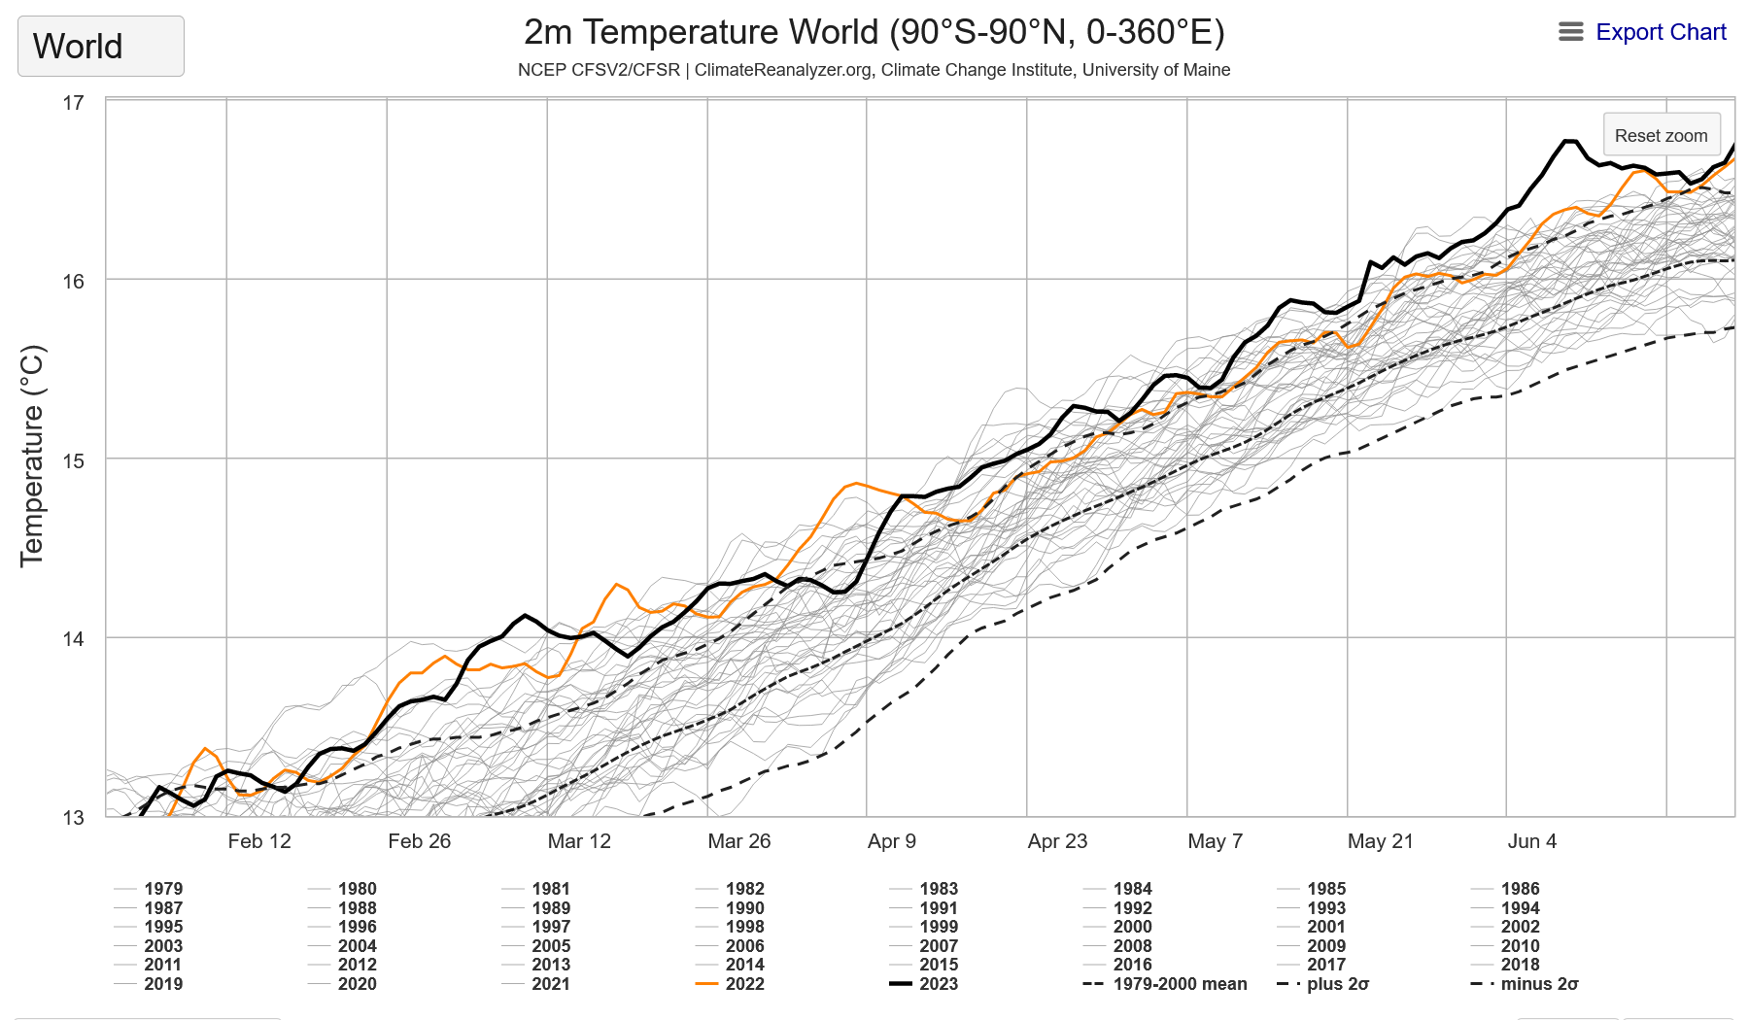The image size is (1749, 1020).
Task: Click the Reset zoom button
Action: (x=1661, y=135)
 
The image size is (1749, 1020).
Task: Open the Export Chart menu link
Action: (x=1661, y=32)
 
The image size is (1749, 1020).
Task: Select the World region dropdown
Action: (x=100, y=46)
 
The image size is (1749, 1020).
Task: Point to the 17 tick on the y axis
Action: (x=73, y=103)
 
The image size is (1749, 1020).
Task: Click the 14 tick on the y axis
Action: (x=73, y=639)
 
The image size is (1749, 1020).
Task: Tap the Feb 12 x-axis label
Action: (x=259, y=841)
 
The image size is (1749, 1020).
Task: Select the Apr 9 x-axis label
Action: (x=892, y=841)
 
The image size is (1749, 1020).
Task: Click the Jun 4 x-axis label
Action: (x=1532, y=841)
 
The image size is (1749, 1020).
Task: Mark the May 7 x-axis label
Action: (x=1216, y=841)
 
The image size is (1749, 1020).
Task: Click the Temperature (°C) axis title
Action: (x=32, y=456)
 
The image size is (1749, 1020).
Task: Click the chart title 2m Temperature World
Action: (x=874, y=32)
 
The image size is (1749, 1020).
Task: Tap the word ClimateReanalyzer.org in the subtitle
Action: (x=782, y=70)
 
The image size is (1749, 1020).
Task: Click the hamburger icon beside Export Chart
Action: (x=1570, y=32)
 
